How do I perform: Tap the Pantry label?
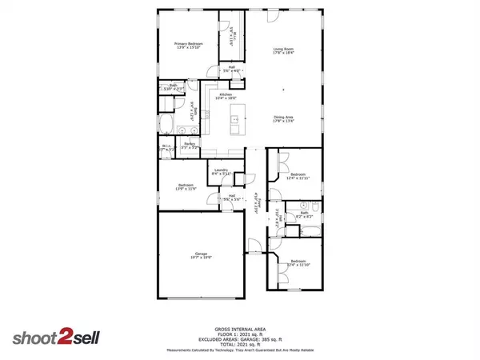tap(189, 144)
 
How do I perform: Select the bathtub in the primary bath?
tap(167, 124)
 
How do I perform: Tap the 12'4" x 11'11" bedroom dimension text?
tap(298, 177)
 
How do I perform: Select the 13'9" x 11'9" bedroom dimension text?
tap(186, 190)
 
